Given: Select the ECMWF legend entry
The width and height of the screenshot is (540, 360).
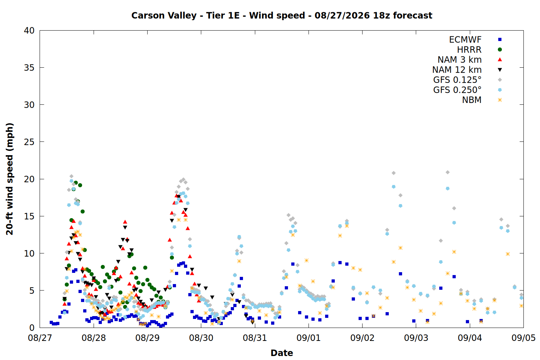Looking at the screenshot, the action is [x=465, y=40].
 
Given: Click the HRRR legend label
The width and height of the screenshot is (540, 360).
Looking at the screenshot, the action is [x=469, y=50].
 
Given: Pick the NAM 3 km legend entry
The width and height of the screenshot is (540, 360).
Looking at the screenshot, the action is [x=459, y=59].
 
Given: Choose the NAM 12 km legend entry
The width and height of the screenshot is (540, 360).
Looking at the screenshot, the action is [x=457, y=70].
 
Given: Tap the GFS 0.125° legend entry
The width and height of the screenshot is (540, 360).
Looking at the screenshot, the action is [x=457, y=80].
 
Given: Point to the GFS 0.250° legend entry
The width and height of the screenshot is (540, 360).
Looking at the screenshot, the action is [x=457, y=90].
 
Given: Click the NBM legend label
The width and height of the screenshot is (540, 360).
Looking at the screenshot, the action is [x=472, y=100].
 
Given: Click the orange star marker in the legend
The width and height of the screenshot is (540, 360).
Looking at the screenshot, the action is [x=500, y=100].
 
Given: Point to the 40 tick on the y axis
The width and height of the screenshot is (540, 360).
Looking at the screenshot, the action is [x=29, y=31].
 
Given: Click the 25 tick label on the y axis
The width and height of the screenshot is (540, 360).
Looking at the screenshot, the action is [x=29, y=142].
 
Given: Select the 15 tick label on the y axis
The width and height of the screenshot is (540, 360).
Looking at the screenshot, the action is [x=29, y=216].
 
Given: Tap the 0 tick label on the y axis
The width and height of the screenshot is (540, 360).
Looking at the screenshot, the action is [x=32, y=328].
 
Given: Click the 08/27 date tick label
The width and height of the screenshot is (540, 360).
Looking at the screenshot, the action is [x=40, y=338].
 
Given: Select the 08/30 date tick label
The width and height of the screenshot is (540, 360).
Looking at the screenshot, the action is [x=201, y=338].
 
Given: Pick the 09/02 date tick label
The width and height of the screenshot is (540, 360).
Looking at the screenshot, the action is [x=362, y=338].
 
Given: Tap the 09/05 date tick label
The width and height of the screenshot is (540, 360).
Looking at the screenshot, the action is [x=523, y=338].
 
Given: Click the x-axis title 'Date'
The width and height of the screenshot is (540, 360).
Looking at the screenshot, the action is [x=282, y=353].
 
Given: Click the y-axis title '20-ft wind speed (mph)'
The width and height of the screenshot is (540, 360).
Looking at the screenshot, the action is [x=10, y=179].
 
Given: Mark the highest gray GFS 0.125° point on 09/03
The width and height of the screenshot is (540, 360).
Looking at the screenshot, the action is [x=448, y=172].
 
